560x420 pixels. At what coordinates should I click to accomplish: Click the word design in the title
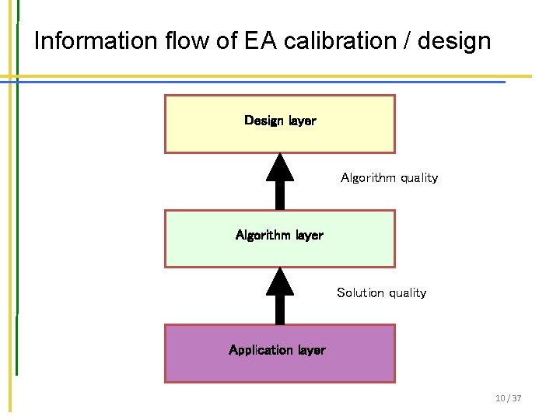(454, 41)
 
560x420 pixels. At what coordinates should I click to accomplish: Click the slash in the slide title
(407, 40)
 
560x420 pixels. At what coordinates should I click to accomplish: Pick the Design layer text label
(280, 121)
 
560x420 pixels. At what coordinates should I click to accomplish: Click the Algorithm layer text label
(279, 235)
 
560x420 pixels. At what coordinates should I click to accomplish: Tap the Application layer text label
(277, 350)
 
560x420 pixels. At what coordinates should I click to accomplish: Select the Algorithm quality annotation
(389, 178)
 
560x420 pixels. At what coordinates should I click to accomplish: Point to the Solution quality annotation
(381, 293)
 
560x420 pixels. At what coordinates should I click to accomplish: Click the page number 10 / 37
(509, 398)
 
